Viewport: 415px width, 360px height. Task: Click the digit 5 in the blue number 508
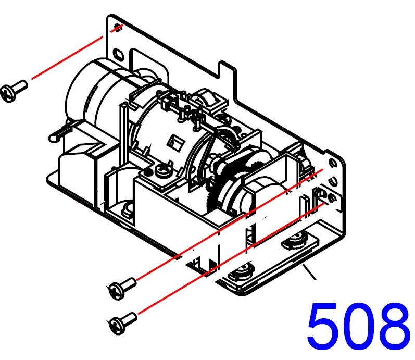coord(322,325)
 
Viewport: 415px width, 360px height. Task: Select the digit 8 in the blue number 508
coord(391,325)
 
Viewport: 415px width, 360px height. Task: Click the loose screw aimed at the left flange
coord(14,91)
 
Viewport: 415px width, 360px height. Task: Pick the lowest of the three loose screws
coord(123,323)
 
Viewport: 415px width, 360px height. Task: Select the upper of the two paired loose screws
coord(123,288)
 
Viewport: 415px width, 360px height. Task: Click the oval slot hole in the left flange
coord(118,54)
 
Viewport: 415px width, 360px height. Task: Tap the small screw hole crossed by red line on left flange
coord(118,27)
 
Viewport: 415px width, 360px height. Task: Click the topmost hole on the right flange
coord(332,162)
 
